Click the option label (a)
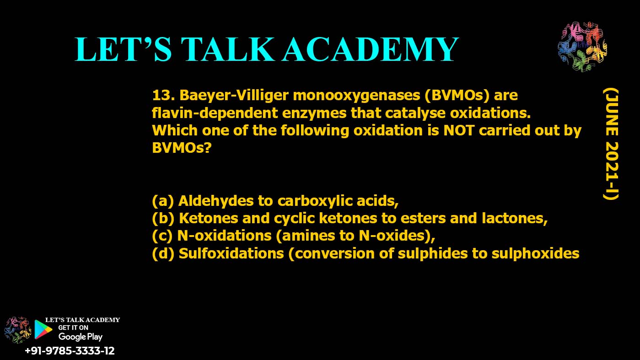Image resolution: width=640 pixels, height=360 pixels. point(162,201)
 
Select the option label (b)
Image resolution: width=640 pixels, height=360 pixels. point(162,218)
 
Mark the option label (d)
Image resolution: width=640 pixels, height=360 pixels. point(162,253)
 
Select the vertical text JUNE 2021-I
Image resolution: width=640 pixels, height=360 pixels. point(610,144)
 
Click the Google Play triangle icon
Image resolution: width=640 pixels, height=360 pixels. point(43,329)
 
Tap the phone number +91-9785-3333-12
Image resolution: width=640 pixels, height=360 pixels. point(70,351)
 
